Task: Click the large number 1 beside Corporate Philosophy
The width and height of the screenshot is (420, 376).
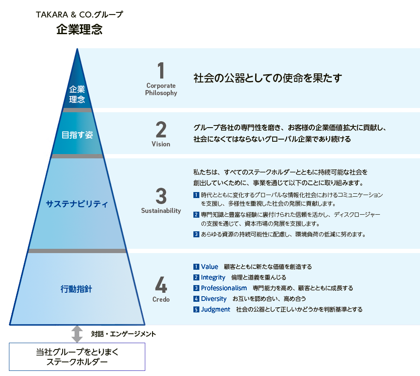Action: pos(161,71)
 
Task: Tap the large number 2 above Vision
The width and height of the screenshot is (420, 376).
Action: pos(161,129)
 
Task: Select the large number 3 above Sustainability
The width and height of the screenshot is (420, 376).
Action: pos(161,196)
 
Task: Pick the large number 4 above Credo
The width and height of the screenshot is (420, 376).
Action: pos(161,285)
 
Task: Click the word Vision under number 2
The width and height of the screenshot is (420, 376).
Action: pos(161,144)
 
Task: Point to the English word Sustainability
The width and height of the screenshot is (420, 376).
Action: pos(161,211)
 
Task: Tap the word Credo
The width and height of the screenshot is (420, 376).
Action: pos(161,300)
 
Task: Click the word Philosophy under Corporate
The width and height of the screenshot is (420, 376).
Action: pos(161,93)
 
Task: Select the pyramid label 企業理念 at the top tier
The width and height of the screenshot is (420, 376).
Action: pos(77,94)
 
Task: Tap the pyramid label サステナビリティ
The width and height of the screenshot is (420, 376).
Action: pos(77,204)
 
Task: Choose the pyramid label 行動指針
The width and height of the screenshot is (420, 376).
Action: pos(77,289)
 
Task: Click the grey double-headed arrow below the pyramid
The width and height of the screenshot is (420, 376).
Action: pos(77,334)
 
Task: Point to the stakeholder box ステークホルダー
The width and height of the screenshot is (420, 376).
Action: pos(77,357)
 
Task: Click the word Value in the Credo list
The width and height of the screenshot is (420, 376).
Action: pos(210,267)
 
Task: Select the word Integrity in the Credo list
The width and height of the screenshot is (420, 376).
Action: pos(213,277)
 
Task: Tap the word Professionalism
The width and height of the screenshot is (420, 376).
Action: pos(224,288)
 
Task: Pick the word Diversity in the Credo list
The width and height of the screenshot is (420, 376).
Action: pos(214,299)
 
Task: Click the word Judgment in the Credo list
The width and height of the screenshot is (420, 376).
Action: pos(216,309)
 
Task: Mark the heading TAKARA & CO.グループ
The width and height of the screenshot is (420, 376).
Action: pos(79,15)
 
